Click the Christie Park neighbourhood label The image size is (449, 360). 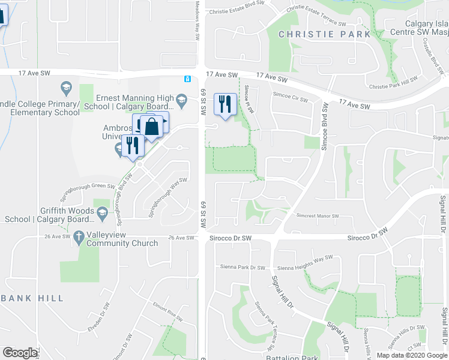[325, 34]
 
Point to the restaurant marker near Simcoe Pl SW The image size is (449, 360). [225, 104]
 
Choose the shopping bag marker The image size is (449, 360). [152, 126]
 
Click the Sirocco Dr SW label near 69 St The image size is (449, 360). [230, 238]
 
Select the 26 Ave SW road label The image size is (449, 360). [182, 238]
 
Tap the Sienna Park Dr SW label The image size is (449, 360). [243, 267]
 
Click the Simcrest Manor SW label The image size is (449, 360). [318, 215]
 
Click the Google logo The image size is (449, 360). [20, 353]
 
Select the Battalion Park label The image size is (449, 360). [291, 357]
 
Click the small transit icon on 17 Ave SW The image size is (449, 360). [188, 79]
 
